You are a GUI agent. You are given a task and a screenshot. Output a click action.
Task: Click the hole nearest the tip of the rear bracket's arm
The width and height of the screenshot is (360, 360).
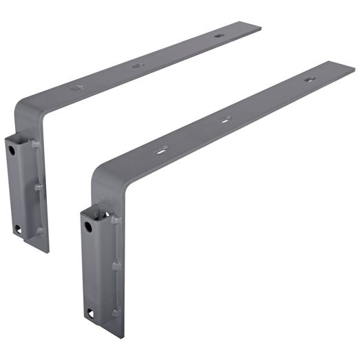point(219,36)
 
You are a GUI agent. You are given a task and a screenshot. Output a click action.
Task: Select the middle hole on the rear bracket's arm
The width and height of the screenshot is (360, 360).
point(137,66)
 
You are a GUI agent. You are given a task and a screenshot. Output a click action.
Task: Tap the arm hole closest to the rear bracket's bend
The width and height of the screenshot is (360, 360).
point(77,88)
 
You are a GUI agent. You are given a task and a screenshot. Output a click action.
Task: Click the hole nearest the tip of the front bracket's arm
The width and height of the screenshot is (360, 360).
point(309,80)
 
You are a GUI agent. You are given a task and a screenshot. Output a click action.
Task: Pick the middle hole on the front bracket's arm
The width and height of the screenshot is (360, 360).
point(225,120)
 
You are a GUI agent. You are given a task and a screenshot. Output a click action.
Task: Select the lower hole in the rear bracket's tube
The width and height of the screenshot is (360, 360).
point(17,229)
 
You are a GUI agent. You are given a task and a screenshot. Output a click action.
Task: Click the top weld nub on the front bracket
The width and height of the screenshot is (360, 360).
point(111,220)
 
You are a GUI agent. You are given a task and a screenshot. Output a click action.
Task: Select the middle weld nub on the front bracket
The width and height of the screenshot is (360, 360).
point(116,264)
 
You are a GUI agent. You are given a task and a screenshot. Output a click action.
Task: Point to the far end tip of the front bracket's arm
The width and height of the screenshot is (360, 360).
point(350,67)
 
